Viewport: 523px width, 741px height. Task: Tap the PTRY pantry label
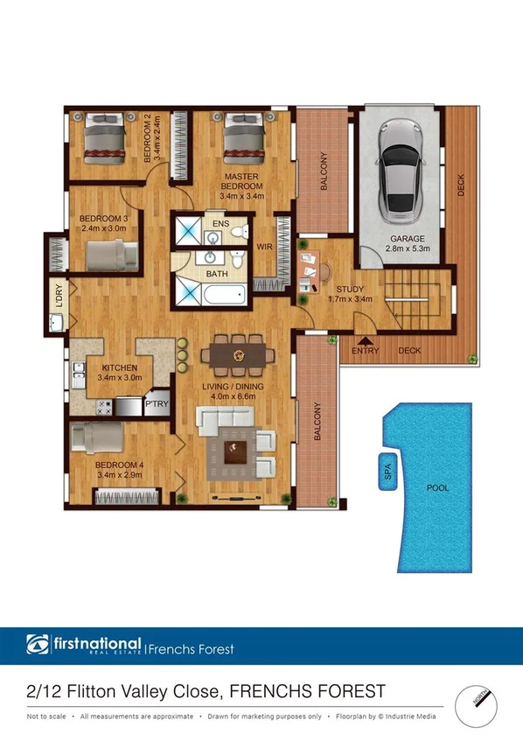[157, 405]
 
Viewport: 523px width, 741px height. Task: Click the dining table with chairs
[238, 355]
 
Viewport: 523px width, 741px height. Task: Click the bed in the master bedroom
[245, 141]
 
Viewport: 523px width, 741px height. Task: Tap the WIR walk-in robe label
[263, 247]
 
